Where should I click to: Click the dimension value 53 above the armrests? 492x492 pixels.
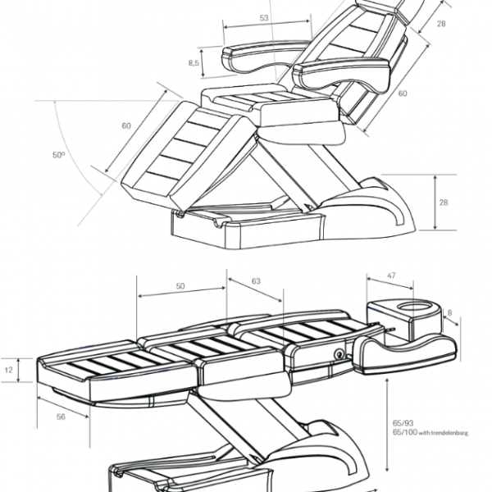263,18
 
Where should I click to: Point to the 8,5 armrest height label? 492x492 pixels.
194,63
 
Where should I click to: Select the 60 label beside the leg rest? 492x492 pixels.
126,125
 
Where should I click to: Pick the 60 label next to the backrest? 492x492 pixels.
403,93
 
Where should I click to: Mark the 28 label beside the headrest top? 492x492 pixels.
440,25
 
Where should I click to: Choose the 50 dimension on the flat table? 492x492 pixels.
180,286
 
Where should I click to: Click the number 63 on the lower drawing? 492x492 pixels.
256,281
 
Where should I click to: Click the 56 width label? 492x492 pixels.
61,417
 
